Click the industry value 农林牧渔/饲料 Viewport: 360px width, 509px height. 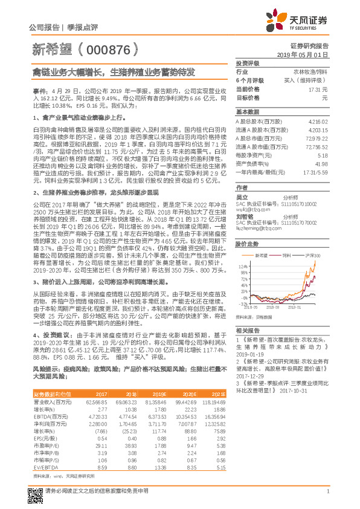(310, 71)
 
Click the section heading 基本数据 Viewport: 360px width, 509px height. (247, 112)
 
